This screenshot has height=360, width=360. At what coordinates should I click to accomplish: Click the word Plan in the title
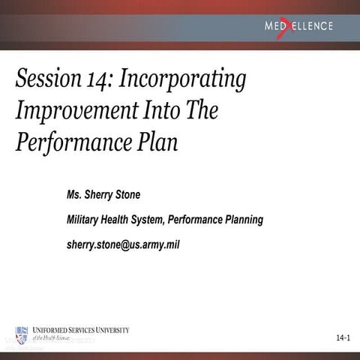pos(160,142)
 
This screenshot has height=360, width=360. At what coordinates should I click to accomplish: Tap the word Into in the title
pos(160,111)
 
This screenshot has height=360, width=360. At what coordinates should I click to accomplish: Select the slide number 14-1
pos(344,340)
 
